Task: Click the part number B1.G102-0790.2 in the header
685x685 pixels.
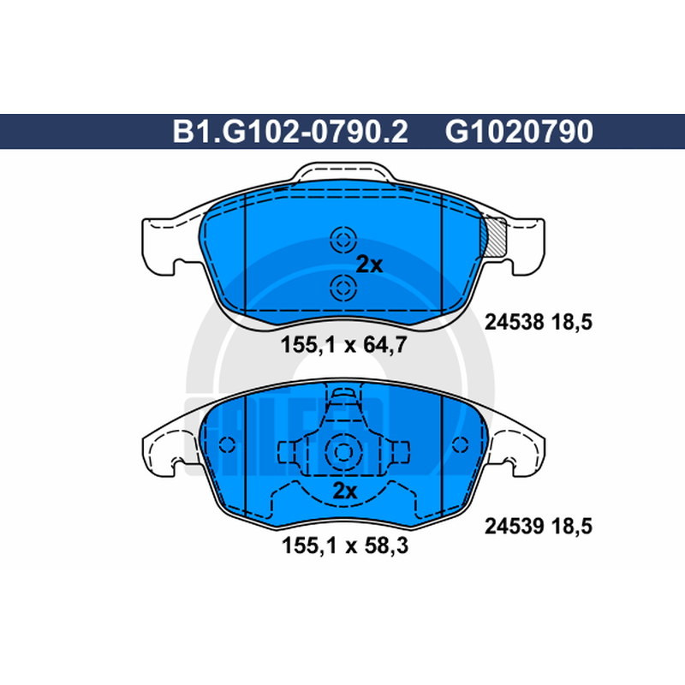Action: click(290, 132)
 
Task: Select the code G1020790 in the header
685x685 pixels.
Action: click(519, 132)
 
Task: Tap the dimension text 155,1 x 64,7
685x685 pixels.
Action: click(343, 345)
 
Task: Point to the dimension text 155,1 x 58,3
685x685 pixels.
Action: click(345, 545)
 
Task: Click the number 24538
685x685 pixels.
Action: click(515, 323)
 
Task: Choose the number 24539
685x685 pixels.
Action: click(515, 526)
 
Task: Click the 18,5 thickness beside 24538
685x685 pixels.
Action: click(572, 323)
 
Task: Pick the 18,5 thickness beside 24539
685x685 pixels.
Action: click(572, 526)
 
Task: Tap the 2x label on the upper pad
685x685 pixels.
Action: click(369, 265)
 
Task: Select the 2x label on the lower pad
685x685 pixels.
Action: click(345, 491)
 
